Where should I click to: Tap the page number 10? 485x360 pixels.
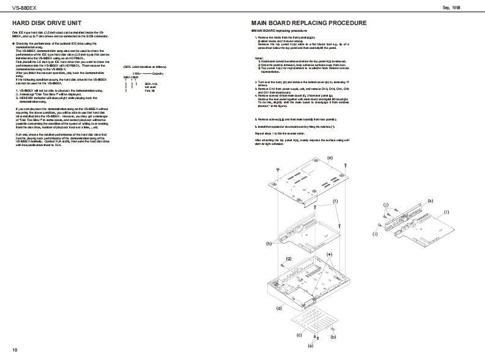click(x=15, y=350)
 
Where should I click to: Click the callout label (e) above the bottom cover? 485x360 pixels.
click(x=330, y=158)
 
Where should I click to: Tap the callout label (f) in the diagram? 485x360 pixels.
click(x=335, y=200)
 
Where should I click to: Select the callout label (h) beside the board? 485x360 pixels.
click(x=268, y=243)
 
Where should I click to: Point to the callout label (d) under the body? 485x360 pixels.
click(x=279, y=309)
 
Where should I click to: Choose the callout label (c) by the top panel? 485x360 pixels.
click(x=299, y=335)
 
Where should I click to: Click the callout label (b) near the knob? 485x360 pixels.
click(x=333, y=336)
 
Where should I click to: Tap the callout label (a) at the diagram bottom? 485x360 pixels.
click(x=310, y=346)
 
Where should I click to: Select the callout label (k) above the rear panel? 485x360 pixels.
click(x=431, y=200)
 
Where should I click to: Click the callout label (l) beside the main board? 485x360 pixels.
click(x=446, y=211)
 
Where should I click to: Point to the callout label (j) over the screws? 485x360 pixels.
click(x=385, y=204)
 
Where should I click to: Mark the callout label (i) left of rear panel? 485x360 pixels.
click(x=374, y=233)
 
